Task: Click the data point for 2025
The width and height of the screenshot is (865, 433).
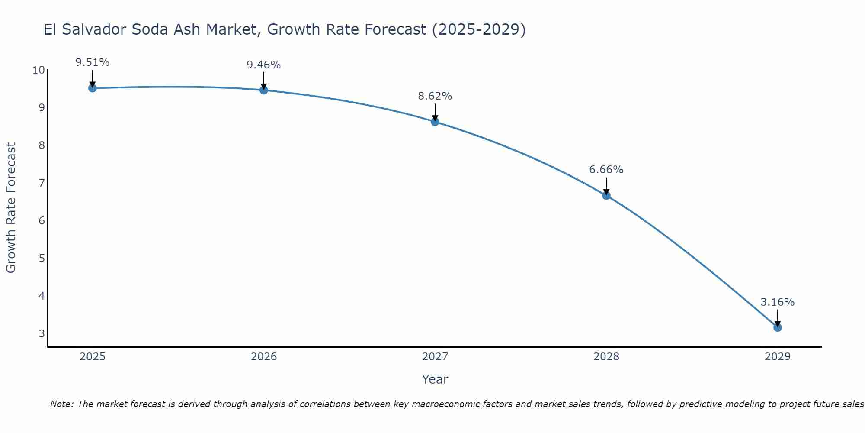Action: click(x=93, y=88)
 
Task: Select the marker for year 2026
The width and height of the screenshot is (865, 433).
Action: click(x=264, y=90)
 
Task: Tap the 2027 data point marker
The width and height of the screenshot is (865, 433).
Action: click(x=435, y=122)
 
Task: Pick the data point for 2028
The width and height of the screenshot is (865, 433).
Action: click(x=606, y=195)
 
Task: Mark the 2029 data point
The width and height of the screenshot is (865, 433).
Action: click(x=778, y=327)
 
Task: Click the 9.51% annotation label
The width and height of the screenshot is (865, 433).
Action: click(x=93, y=62)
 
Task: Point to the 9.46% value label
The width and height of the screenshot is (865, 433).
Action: click(x=264, y=65)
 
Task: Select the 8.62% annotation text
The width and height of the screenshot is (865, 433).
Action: click(x=435, y=96)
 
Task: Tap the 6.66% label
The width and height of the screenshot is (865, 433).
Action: click(x=606, y=170)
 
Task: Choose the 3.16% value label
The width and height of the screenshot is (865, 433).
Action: click(x=778, y=302)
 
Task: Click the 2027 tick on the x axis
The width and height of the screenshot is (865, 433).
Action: click(x=435, y=357)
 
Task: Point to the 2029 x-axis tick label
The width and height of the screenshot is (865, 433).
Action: click(x=778, y=357)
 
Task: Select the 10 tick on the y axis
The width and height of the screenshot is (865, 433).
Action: click(x=38, y=70)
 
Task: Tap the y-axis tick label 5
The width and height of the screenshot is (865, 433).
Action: click(x=42, y=259)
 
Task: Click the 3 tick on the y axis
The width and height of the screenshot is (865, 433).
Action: click(x=42, y=334)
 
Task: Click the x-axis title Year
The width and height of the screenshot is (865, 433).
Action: click(x=435, y=379)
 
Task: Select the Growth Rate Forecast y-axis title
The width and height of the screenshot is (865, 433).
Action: click(x=11, y=208)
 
